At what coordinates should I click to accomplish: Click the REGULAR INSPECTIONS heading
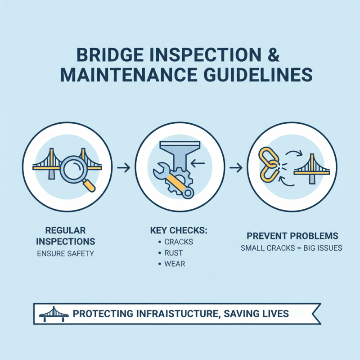coord(65,235)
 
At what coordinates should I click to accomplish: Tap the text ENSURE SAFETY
coord(65,253)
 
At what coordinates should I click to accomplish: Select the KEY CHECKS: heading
coord(178,230)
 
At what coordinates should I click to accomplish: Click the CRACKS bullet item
coord(179,242)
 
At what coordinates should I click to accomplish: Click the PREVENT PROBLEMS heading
coord(292,236)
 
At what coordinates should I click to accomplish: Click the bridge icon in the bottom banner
coord(54,313)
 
